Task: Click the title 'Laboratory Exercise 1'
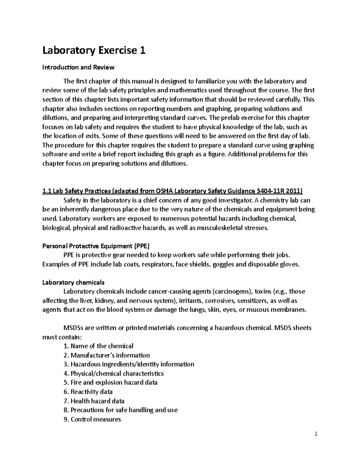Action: (94, 50)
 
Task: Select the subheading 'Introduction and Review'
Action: (78, 67)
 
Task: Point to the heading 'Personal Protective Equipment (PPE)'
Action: (96, 246)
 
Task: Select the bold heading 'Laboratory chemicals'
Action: (73, 282)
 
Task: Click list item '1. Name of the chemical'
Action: (98, 346)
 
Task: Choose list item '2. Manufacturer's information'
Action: (106, 355)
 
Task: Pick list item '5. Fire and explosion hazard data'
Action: (110, 383)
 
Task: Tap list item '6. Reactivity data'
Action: (88, 392)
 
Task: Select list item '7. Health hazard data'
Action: (94, 401)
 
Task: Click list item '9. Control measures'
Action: (92, 419)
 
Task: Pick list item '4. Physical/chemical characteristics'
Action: (114, 374)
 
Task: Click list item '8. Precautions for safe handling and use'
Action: (121, 410)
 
